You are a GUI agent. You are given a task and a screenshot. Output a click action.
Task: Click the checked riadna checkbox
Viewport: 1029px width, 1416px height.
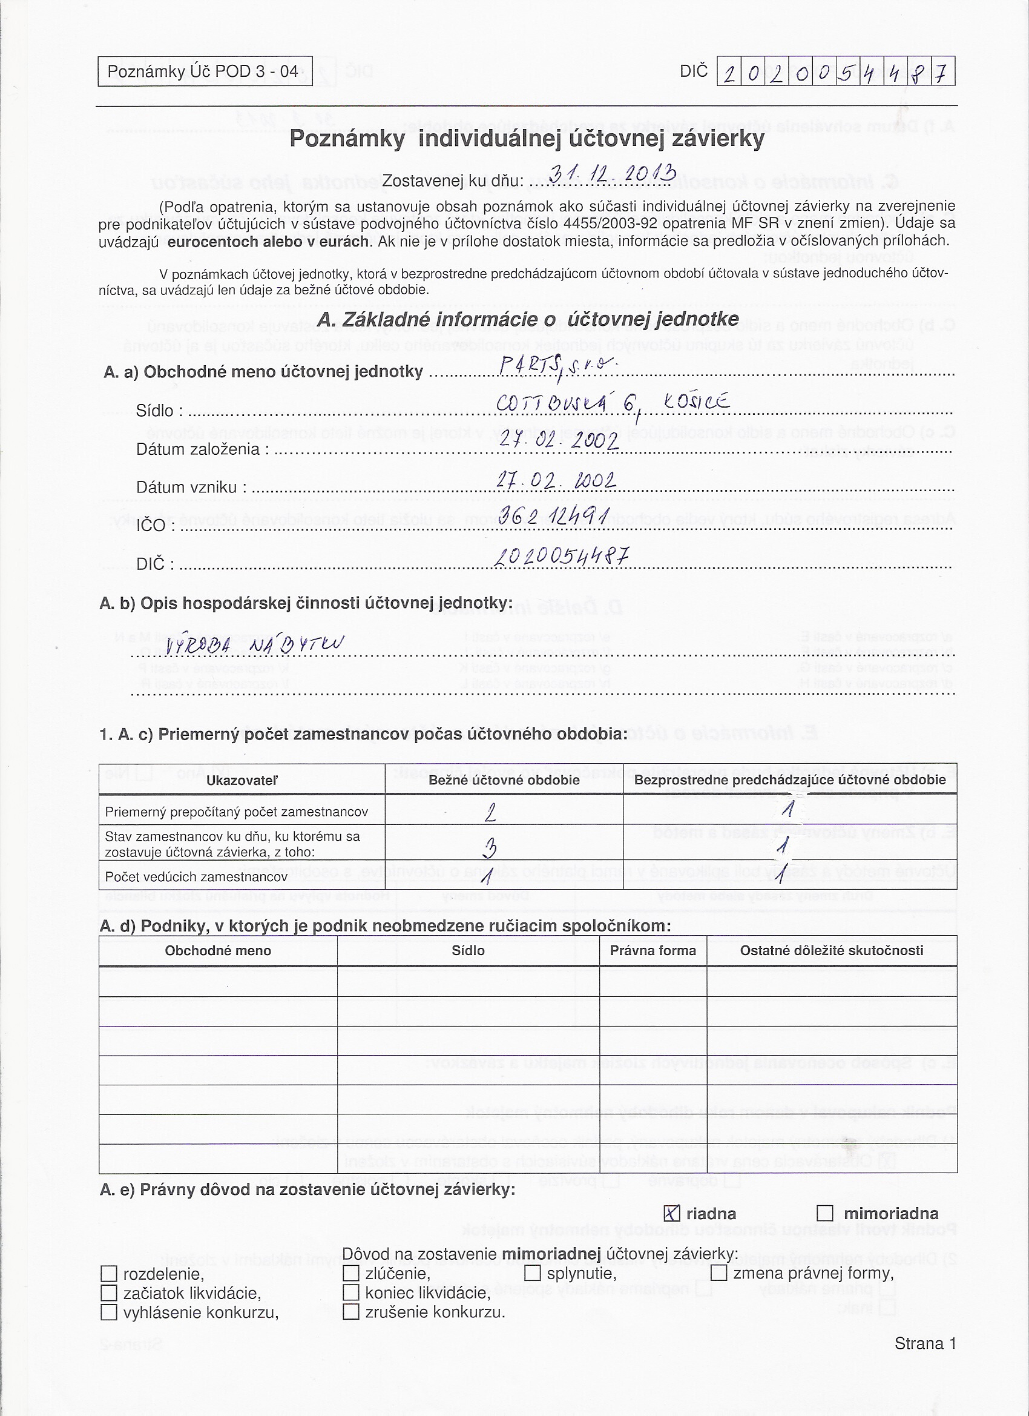click(671, 1213)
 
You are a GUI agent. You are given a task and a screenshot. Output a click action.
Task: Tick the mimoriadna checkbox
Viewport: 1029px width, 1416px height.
click(825, 1213)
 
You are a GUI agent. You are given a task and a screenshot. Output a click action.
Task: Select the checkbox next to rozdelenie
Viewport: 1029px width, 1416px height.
click(108, 1273)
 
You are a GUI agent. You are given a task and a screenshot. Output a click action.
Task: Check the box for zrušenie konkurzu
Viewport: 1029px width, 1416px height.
click(350, 1312)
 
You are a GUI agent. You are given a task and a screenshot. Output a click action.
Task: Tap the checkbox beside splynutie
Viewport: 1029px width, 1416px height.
click(532, 1272)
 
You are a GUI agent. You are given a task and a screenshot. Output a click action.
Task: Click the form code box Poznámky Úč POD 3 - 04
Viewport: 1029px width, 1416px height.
click(205, 71)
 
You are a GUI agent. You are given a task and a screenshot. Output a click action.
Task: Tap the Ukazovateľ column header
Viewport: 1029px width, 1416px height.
click(242, 780)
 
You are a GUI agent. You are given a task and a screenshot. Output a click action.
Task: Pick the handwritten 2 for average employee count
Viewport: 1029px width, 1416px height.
click(490, 812)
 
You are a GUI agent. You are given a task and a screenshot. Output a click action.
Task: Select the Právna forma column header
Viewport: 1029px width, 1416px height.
click(653, 950)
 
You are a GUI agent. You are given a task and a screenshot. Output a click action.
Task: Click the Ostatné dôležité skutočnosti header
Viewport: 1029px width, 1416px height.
click(831, 950)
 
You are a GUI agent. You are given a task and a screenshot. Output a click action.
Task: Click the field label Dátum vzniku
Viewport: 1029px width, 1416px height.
click(191, 487)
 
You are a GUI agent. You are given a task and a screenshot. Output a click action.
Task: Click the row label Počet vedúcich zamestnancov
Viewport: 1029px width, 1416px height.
click(196, 876)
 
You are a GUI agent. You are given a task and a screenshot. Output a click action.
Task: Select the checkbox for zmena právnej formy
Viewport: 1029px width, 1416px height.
click(719, 1272)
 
